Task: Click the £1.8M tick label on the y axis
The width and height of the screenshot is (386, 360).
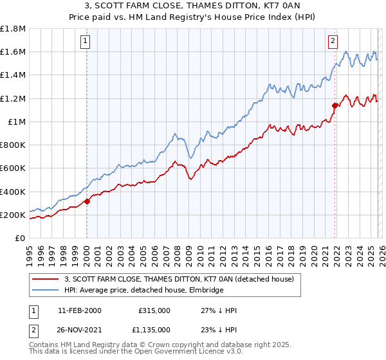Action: pyautogui.click(x=13, y=29)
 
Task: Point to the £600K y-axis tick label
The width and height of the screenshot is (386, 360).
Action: pyautogui.click(x=13, y=168)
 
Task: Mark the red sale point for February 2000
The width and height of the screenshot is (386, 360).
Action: pyautogui.click(x=87, y=201)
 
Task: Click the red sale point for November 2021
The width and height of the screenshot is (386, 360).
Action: pyautogui.click(x=335, y=105)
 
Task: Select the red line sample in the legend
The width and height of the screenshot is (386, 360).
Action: pyautogui.click(x=46, y=279)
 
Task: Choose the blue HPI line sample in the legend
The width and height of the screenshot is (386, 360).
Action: pyautogui.click(x=46, y=290)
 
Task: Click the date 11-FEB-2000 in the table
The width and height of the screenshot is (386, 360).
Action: pyautogui.click(x=80, y=310)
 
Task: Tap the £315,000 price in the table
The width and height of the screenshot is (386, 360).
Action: pyautogui.click(x=154, y=310)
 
